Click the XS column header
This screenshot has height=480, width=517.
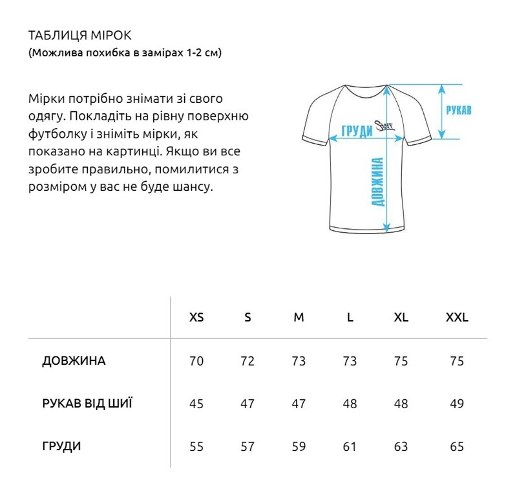coord(196,318)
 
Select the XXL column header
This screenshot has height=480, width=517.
coord(456,318)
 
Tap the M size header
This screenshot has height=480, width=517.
coord(299,318)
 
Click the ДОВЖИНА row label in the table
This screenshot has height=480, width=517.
coord(73,361)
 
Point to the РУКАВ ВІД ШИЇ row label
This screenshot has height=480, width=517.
coord(87,404)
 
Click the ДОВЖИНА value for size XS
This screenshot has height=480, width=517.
coord(196,361)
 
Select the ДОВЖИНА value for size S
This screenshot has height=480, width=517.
coord(248,361)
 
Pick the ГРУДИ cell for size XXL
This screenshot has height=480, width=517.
coord(456,446)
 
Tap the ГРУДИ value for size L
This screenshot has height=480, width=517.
coord(350,446)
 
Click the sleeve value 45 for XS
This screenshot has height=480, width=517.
coord(196,404)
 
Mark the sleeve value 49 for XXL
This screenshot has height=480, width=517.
coord(456,404)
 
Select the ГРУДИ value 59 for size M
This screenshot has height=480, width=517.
coord(299,446)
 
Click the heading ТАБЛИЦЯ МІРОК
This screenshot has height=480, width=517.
coord(80,34)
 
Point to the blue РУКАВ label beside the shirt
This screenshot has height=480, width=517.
coord(459,110)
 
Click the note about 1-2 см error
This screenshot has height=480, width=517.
coord(125,53)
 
